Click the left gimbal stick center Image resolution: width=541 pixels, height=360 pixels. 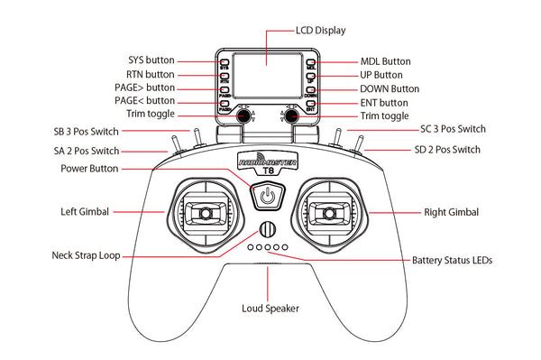(206, 214)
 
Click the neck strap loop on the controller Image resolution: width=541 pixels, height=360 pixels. (267, 228)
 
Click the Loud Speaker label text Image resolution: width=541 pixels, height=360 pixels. (270, 308)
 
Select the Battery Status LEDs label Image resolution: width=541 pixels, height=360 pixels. (452, 260)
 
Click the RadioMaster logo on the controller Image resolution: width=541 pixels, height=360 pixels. (268, 162)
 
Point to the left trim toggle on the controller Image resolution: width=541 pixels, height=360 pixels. (243, 116)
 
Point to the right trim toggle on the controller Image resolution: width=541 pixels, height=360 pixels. (291, 116)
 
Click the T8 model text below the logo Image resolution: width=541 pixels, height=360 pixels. (267, 174)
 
